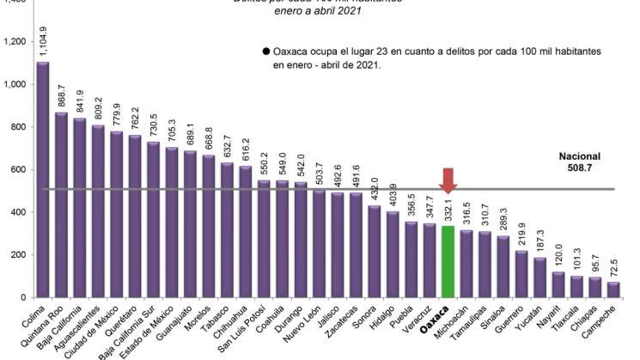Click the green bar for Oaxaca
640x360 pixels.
point(447,261)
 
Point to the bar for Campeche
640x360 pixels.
point(613,290)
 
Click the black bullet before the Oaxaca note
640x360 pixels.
point(266,52)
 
